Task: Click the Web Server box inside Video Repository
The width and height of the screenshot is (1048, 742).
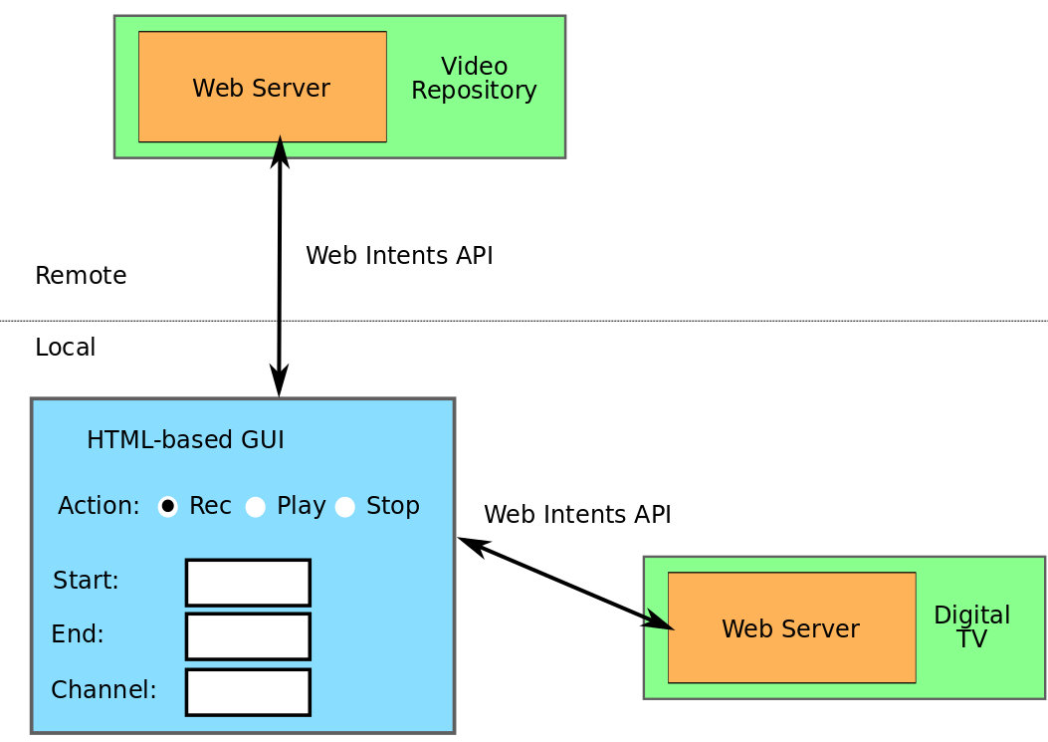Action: [262, 88]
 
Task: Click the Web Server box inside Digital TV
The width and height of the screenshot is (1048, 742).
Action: [791, 628]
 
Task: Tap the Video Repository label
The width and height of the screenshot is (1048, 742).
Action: [474, 79]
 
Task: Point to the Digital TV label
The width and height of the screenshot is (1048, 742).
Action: [971, 626]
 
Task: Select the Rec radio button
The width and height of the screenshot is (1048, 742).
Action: [168, 506]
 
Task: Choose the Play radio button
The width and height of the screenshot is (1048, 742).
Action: [256, 507]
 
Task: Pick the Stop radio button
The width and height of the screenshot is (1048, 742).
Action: [345, 507]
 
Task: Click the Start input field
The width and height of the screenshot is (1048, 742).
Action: [248, 583]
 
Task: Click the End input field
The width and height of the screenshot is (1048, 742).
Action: [248, 636]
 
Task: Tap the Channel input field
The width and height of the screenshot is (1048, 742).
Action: [248, 692]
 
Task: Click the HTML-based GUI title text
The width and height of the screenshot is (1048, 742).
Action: [185, 440]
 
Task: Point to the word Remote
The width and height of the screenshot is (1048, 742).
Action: [81, 276]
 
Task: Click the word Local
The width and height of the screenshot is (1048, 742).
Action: [65, 348]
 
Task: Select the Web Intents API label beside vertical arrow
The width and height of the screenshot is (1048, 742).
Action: [399, 256]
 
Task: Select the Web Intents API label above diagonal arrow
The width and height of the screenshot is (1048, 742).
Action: [577, 515]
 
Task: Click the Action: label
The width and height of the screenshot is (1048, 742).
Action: [99, 506]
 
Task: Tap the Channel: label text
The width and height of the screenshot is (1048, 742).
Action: [104, 690]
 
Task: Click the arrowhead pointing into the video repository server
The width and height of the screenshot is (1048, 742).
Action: [281, 150]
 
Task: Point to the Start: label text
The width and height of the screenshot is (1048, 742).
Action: [86, 581]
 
